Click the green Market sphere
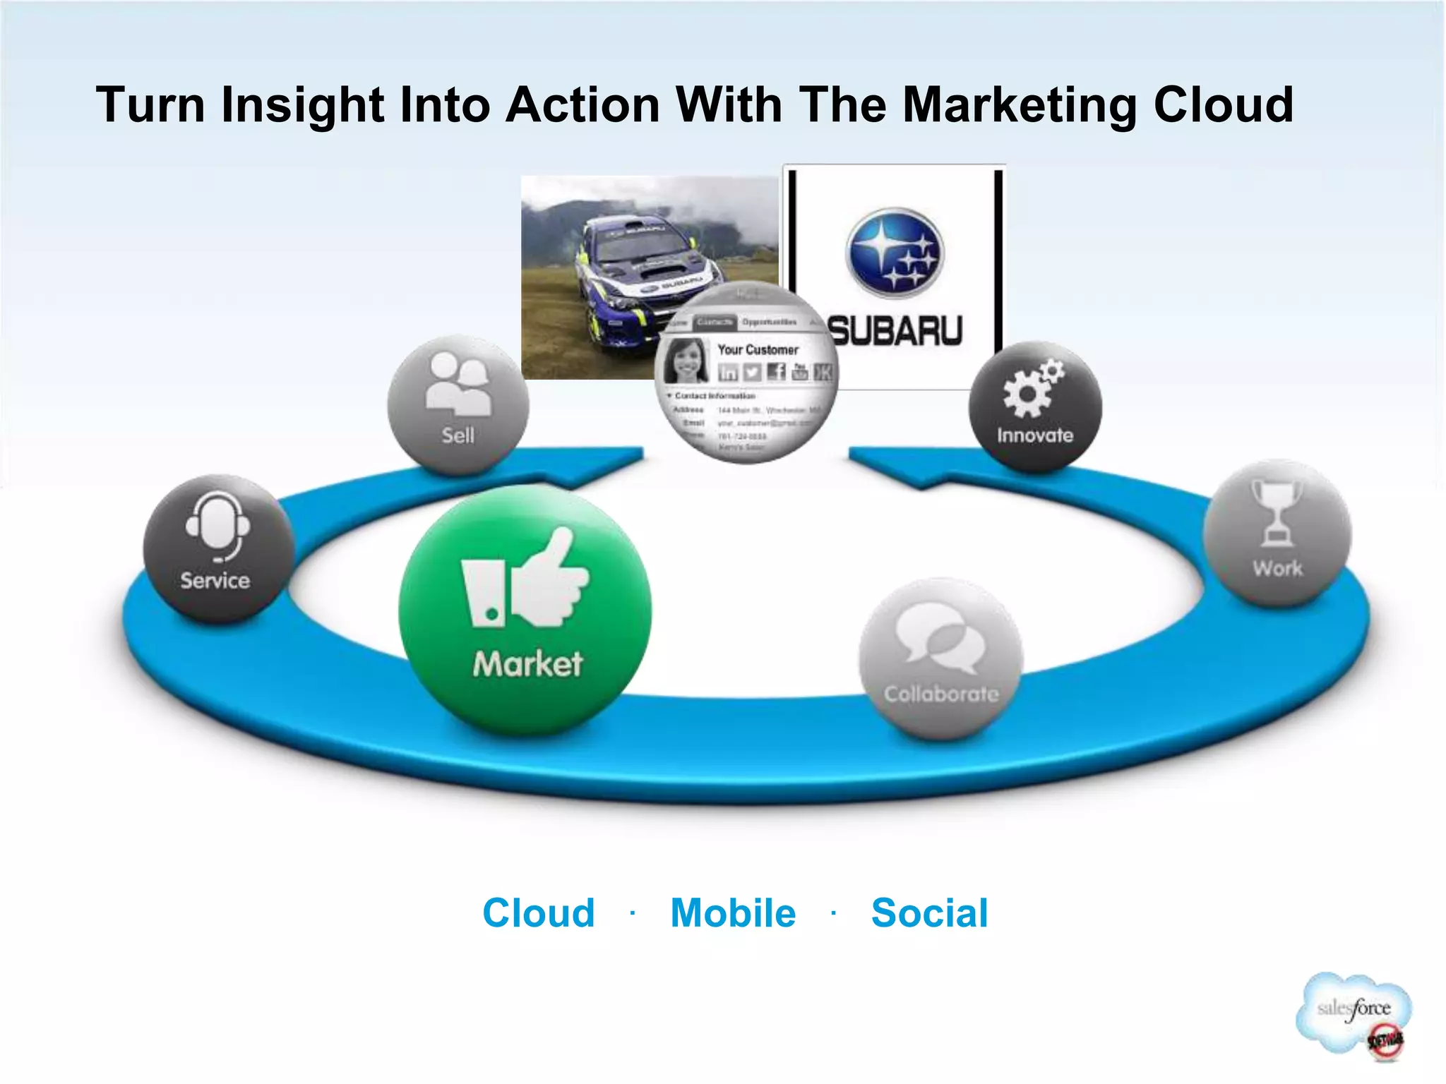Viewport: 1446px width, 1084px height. click(x=525, y=611)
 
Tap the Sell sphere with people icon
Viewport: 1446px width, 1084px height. click(x=458, y=406)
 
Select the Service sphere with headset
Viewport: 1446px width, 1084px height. click(x=217, y=548)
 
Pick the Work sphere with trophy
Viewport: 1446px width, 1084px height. click(x=1277, y=533)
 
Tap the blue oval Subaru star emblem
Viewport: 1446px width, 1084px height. click(x=895, y=253)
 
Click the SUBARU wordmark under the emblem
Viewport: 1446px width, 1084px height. click(x=895, y=331)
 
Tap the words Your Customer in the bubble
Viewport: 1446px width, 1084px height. click(x=758, y=349)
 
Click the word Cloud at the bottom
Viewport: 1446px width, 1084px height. click(x=538, y=913)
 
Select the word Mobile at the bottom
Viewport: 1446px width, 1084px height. click(x=733, y=913)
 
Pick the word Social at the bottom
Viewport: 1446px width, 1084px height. click(x=929, y=913)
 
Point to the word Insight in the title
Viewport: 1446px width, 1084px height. click(x=302, y=104)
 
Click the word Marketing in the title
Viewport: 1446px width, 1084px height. click(x=1019, y=104)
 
